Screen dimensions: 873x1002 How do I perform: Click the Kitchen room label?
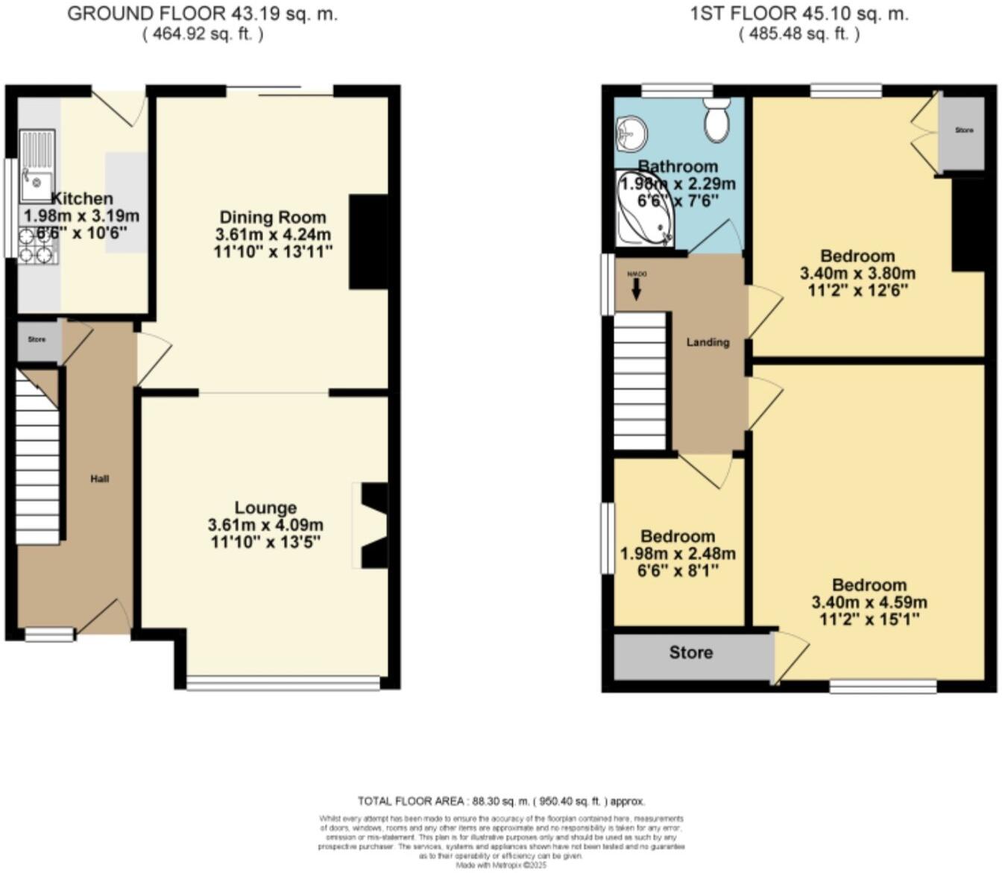click(82, 198)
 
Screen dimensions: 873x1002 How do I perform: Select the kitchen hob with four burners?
click(37, 246)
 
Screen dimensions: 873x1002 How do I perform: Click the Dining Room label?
click(272, 218)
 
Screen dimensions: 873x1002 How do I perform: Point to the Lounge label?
click(265, 508)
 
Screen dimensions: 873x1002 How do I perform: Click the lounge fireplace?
click(373, 526)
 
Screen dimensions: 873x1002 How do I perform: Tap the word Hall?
click(100, 479)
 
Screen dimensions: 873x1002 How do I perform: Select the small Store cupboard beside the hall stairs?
click(37, 340)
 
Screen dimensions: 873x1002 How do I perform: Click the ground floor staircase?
click(37, 462)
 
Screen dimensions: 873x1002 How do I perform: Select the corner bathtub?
click(644, 210)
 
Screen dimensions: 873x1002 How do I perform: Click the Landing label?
click(708, 342)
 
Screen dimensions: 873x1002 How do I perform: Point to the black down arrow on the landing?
click(636, 291)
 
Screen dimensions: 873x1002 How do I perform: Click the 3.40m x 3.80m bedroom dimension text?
click(857, 274)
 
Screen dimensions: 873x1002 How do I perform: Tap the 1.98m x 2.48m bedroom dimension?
click(678, 554)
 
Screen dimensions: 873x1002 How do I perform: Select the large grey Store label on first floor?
click(690, 653)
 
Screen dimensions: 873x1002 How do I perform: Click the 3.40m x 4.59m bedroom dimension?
click(869, 602)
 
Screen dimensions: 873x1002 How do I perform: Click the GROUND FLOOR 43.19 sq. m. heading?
click(202, 14)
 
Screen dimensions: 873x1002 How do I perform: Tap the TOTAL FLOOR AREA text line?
click(501, 801)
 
